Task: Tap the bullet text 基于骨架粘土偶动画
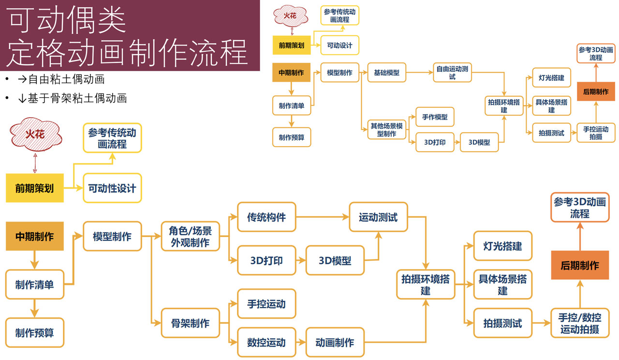coord(77,98)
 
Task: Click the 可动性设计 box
coord(112,188)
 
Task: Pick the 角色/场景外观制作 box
coord(190,236)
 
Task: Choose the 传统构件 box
coord(266,217)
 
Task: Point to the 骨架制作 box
coord(190,323)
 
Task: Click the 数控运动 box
coord(266,343)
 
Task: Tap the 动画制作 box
coord(335,343)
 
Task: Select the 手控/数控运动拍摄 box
coord(579,323)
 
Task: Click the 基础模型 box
coord(386,73)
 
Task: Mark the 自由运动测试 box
coord(452,73)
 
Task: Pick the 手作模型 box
coord(435,117)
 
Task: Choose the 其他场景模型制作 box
coord(386,129)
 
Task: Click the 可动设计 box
coord(339,45)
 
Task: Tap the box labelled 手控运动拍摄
coord(596,133)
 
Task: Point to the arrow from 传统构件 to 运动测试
coord(323,217)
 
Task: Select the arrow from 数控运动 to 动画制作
coord(300,343)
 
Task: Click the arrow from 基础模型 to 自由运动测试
coord(419,73)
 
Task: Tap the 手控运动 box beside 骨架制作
coord(266,304)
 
